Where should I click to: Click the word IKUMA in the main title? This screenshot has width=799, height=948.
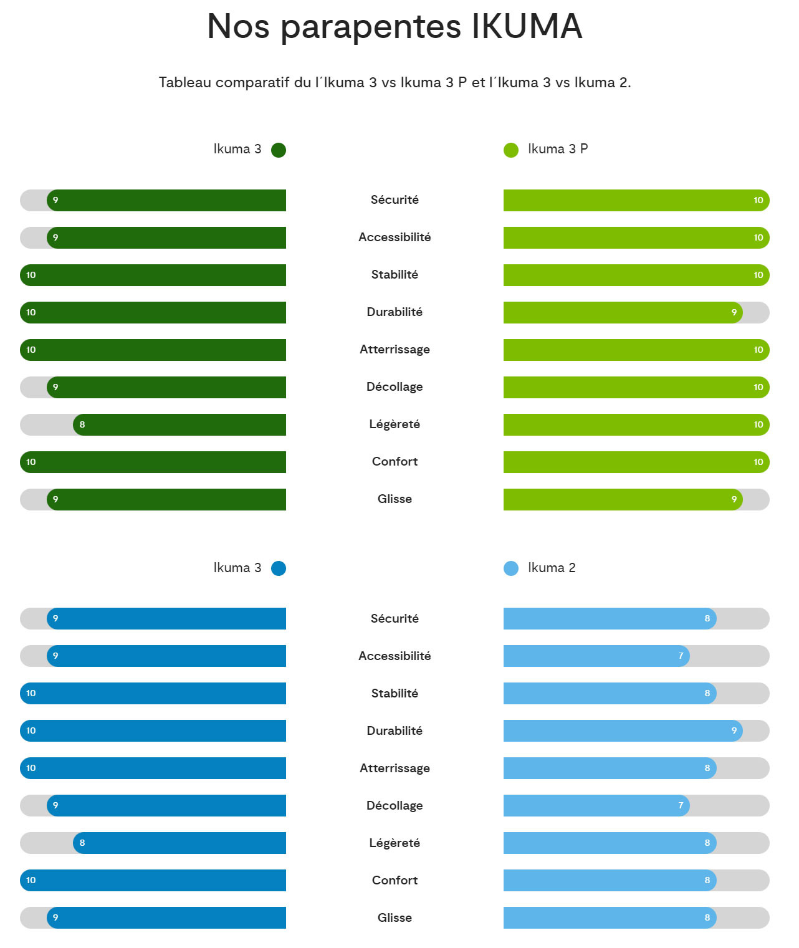coord(527,27)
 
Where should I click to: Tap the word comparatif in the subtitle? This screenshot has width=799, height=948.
coord(252,83)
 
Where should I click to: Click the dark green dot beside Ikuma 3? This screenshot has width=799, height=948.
coord(279,150)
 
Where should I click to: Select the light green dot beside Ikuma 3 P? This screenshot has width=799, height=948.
coord(511,150)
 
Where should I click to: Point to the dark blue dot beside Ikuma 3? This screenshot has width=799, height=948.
coord(279,568)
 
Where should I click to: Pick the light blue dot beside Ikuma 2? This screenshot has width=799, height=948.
coord(511,568)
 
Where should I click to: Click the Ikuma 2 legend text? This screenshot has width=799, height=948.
coord(552,568)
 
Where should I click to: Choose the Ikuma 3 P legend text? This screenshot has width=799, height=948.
coord(558,149)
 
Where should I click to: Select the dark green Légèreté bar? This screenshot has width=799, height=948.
coord(181,425)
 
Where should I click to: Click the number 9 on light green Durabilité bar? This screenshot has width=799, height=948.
coord(734,313)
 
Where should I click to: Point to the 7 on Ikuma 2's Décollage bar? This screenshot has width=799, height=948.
coord(681,806)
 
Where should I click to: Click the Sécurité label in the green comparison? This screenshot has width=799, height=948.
coord(395,200)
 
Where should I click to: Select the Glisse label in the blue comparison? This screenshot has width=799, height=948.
coord(395,918)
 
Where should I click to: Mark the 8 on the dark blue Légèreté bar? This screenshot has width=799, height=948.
coord(82,843)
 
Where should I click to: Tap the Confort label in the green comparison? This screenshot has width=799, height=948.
coord(395,462)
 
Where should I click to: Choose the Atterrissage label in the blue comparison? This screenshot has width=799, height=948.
coord(395,768)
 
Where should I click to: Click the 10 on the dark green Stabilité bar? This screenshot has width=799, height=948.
coord(31,275)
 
